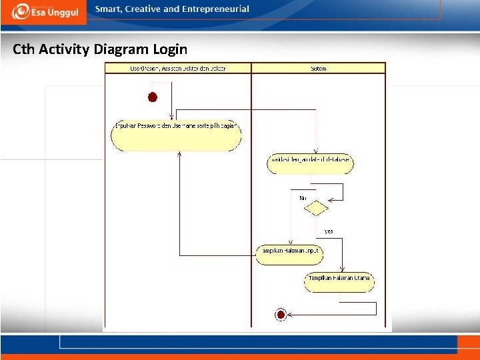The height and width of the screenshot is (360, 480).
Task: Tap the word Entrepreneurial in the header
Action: coord(215,9)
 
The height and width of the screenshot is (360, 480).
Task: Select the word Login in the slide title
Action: coord(171,49)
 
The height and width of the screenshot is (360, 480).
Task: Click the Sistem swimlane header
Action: coord(318,68)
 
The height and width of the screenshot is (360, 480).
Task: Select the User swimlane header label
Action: coord(177,68)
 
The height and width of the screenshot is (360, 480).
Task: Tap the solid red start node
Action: coord(153,97)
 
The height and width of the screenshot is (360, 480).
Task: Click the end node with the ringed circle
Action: coord(281,314)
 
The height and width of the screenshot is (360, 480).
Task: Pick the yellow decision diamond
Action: coord(316,209)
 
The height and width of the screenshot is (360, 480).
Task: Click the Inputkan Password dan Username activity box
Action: coord(176,135)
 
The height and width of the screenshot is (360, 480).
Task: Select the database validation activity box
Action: coord(310,163)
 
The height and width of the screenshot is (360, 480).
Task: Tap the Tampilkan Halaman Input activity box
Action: coord(289,254)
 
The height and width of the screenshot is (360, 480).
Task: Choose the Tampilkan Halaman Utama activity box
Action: coord(339,281)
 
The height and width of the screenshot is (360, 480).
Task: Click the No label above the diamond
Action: coord(302,197)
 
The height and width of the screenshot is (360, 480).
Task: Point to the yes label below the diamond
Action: coord(329,231)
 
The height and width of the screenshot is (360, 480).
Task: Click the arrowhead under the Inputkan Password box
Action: coord(180,154)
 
